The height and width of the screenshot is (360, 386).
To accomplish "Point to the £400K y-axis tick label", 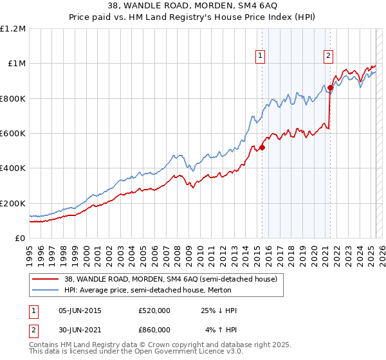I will [12, 168].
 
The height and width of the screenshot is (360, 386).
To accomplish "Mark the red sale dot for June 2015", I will [262, 147].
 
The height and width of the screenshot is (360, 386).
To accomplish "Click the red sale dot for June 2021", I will [330, 88].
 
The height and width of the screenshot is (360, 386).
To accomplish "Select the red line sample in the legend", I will [45, 279].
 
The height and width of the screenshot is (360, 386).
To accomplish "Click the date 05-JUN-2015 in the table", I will [80, 310].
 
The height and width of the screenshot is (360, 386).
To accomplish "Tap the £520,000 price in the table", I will [154, 310].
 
